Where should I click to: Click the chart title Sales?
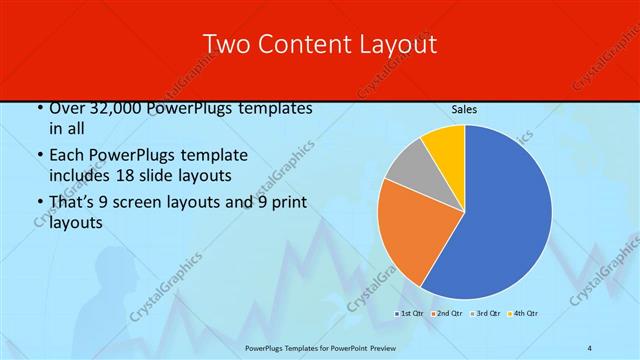coord(464,109)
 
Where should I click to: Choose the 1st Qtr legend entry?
coord(410,314)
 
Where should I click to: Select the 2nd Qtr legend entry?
coord(447,314)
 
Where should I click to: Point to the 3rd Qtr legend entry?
coord(485,314)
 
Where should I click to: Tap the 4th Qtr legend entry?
coord(523,314)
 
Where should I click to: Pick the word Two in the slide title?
coord(226,44)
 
